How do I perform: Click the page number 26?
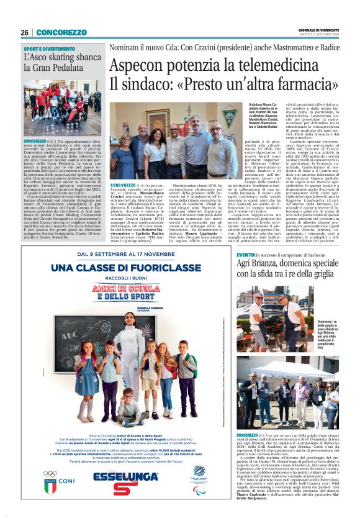click(25, 32)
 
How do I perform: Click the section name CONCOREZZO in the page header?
click(61, 32)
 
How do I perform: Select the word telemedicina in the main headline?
click(292, 65)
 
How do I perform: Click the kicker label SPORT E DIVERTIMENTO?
click(49, 48)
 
